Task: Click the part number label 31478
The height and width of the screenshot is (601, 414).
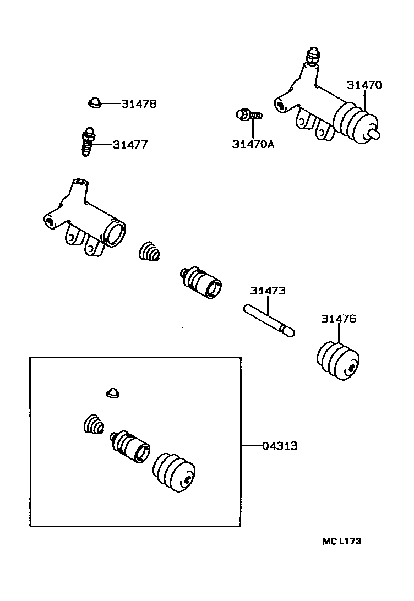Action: [139, 103]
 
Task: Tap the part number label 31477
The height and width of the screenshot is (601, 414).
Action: [130, 145]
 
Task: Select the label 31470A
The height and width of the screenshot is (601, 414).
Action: [253, 145]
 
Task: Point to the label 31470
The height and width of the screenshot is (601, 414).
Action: [364, 85]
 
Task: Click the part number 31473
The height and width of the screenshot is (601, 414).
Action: [268, 291]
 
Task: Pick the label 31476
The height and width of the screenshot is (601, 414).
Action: [339, 319]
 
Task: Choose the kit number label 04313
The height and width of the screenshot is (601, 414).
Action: [280, 446]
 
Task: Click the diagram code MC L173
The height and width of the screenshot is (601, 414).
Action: [342, 542]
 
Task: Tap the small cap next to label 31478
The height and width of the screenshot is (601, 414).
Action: [95, 102]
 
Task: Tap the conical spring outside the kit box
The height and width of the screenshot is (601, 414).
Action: [149, 252]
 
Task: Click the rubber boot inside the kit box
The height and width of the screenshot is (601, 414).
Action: [173, 472]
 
